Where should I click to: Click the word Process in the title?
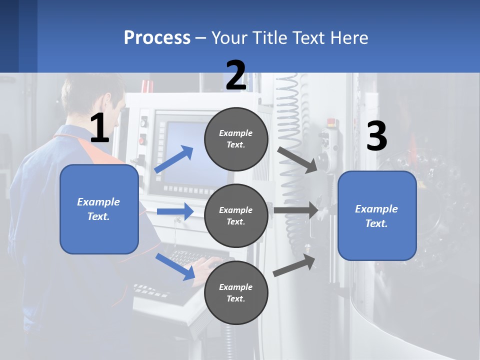[157, 38]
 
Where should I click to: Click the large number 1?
[99, 129]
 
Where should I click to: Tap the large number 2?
[236, 76]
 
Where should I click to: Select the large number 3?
[376, 136]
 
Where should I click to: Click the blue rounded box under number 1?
[99, 209]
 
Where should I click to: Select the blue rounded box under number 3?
[377, 215]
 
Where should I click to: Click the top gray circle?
[236, 139]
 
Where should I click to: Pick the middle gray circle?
[236, 215]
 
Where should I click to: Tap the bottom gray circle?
[236, 292]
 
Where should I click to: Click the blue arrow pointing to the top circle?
[174, 159]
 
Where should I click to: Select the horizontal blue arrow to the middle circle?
[175, 211]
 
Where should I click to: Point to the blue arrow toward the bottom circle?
[175, 266]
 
